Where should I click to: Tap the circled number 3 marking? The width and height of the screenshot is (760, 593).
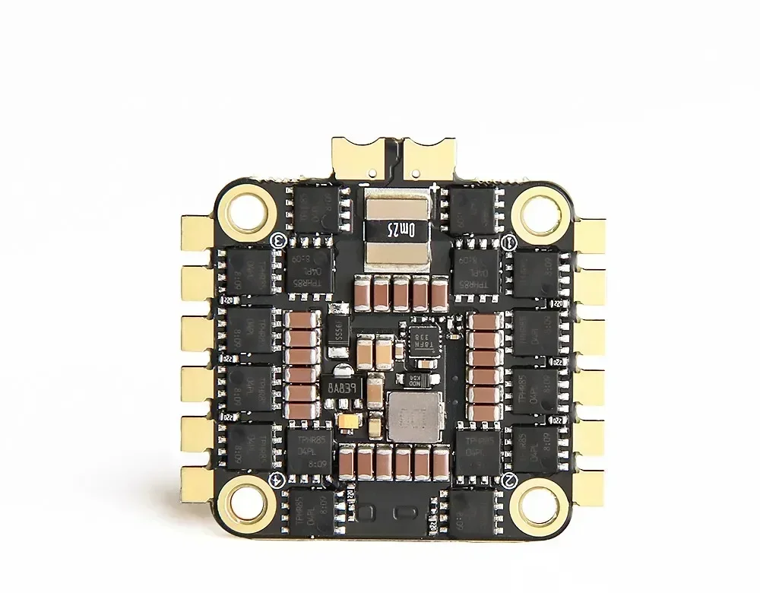(x=278, y=241)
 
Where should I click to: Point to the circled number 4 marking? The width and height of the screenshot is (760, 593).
(x=277, y=478)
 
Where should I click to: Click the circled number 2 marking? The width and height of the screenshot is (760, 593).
(x=511, y=478)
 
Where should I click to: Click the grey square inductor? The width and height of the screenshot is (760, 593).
(x=414, y=417)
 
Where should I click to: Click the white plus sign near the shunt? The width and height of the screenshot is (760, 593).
(x=434, y=187)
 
